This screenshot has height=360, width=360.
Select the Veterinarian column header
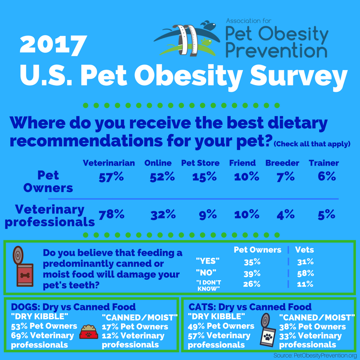tap(109, 163)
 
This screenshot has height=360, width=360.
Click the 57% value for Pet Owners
tap(111, 177)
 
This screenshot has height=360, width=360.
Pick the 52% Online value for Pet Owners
tap(162, 177)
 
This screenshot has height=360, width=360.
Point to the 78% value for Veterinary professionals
tap(111, 215)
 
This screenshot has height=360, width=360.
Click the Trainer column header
tap(324, 163)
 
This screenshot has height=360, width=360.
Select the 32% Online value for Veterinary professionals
tap(162, 215)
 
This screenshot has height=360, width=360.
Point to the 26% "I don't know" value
tap(252, 283)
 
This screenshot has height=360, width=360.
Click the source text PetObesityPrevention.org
tap(310, 355)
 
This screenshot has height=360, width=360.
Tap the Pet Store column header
tap(200, 163)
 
